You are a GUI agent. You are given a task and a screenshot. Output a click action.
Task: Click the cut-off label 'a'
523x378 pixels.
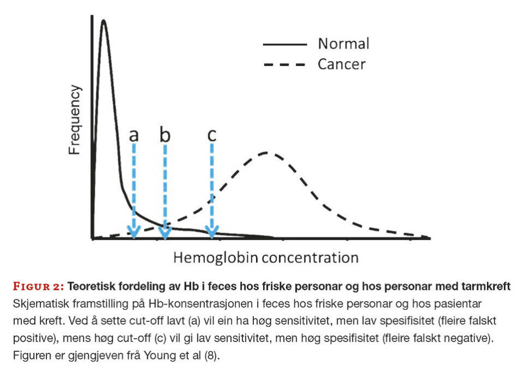click(133, 135)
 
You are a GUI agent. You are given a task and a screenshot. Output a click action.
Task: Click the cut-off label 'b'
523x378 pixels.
click(165, 135)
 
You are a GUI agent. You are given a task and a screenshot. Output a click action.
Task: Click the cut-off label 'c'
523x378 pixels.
click(212, 135)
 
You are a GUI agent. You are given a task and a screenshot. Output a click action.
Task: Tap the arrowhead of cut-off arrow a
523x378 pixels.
click(134, 232)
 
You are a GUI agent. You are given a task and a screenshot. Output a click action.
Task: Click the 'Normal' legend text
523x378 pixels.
click(344, 44)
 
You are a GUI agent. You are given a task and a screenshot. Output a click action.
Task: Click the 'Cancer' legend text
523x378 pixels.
click(342, 64)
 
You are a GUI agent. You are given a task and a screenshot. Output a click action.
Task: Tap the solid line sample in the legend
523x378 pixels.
click(284, 44)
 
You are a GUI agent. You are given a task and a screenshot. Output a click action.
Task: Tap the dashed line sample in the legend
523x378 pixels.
click(284, 65)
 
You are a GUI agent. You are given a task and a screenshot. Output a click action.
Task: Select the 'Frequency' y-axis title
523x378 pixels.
click(75, 120)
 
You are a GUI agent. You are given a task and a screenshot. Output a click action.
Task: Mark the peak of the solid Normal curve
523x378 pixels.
click(103, 21)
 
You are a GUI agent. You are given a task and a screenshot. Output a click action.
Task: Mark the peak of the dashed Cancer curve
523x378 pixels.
click(267, 152)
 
